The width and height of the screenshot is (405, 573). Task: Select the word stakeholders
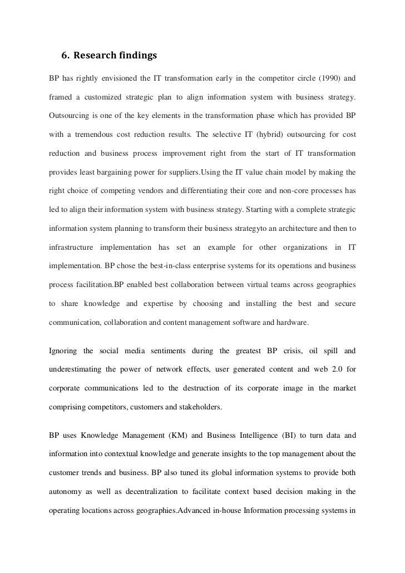click(198, 407)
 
